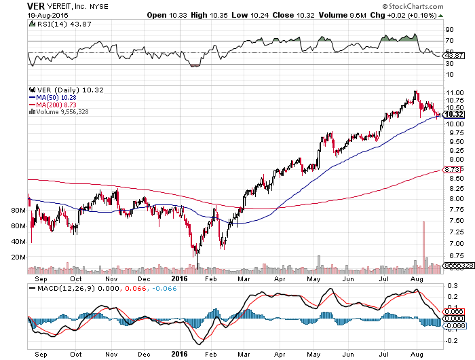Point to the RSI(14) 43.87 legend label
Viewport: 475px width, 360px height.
(x=58, y=24)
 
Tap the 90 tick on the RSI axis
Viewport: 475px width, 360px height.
(x=449, y=30)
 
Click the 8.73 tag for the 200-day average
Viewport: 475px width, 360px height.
(x=453, y=169)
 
